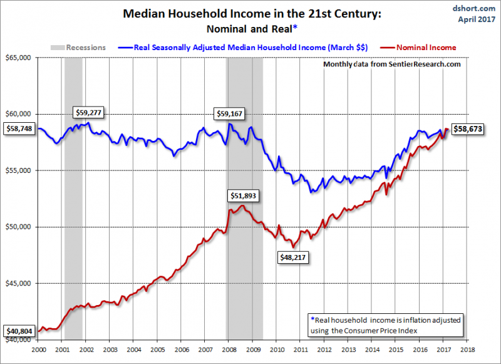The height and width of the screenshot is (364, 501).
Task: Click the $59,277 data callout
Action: [88, 113]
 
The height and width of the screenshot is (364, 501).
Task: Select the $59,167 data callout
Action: [231, 113]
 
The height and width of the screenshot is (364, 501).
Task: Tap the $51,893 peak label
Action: [242, 195]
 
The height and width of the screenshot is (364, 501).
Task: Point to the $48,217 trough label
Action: [292, 256]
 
